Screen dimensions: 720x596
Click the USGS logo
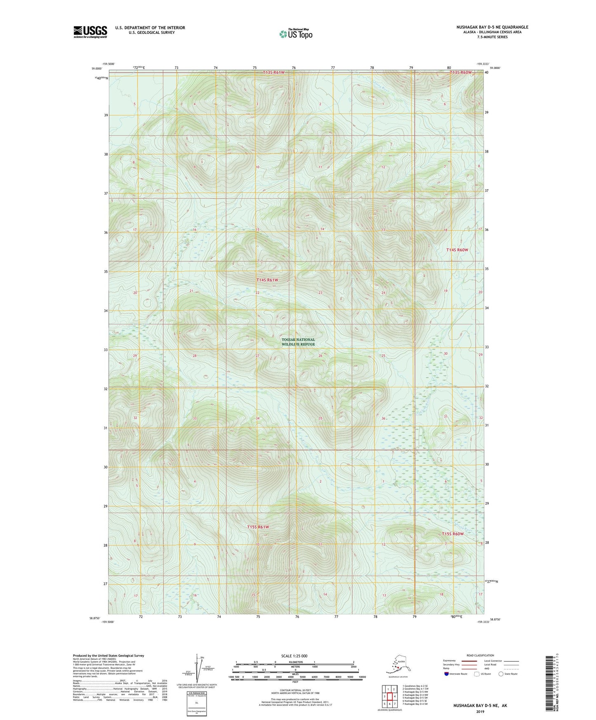pos(90,32)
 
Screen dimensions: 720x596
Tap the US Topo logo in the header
pos(295,33)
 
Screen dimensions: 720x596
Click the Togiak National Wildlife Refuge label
pos(298,342)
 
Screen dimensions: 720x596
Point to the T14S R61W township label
pos(267,280)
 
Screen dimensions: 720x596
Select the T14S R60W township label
pos(457,250)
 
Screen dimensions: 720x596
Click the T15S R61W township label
pos(258,527)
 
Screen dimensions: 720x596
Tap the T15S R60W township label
pos(453,534)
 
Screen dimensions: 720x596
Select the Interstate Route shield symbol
pos(447,674)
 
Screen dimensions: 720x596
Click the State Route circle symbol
pos(501,674)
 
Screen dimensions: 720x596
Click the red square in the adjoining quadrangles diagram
pos(389,696)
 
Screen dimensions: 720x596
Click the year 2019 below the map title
pos(480,711)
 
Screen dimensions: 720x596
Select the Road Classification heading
pos(480,655)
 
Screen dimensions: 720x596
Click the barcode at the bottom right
pos(548,682)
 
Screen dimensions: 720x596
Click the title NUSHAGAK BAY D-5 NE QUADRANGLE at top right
pos(492,27)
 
